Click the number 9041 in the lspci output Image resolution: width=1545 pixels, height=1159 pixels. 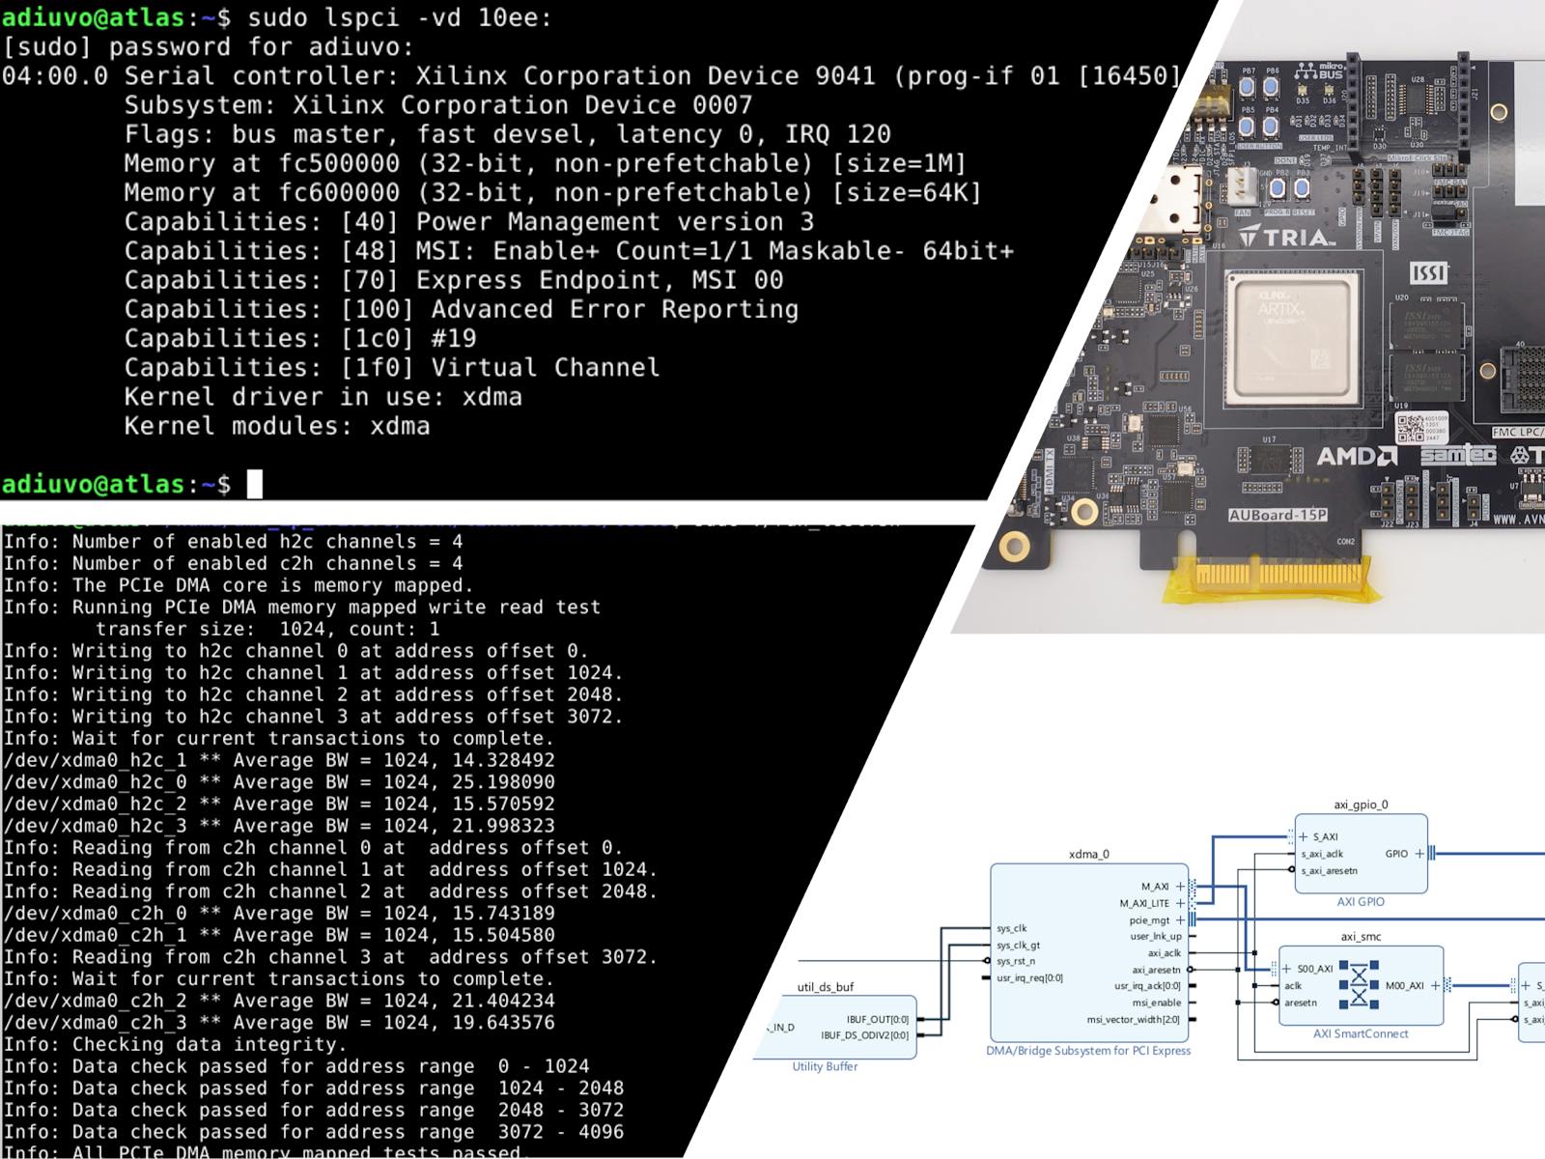[846, 76]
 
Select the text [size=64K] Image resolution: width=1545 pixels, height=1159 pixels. [906, 193]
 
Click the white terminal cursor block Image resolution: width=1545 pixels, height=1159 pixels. [254, 484]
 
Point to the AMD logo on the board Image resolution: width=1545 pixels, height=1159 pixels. [1357, 456]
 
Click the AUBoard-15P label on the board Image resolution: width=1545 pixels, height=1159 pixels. [1278, 515]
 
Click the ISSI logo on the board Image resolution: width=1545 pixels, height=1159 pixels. [1429, 272]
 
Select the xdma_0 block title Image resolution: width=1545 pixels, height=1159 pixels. [1088, 854]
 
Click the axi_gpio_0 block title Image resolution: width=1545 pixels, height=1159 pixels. [1361, 805]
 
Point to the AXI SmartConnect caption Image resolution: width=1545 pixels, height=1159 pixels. [1361, 1033]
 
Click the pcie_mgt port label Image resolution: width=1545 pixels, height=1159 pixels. [1149, 920]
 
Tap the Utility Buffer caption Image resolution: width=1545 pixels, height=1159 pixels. [825, 1066]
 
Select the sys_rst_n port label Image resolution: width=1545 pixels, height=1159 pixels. [1016, 961]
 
